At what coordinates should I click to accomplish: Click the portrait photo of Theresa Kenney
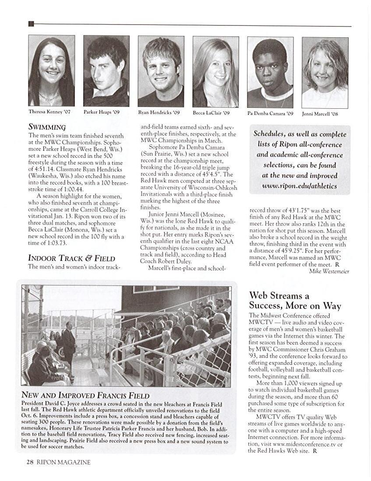click(x=51, y=71)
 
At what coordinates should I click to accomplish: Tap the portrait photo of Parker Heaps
click(x=106, y=71)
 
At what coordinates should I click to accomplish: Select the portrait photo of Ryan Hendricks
click(x=161, y=71)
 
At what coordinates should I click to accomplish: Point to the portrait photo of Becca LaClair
click(x=216, y=71)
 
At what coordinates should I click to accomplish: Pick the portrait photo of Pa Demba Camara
click(x=270, y=72)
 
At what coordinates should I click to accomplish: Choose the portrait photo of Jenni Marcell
click(x=325, y=72)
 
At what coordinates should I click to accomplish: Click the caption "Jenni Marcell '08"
click(x=320, y=114)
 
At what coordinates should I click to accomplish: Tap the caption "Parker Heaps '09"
click(x=102, y=112)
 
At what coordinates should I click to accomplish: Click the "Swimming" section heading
click(x=47, y=127)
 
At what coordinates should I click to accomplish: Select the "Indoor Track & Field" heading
click(x=71, y=258)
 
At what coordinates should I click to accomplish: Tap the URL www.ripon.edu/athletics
click(x=300, y=186)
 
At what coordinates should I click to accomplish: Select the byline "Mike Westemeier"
click(x=329, y=271)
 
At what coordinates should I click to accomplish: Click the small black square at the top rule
click(x=31, y=24)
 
